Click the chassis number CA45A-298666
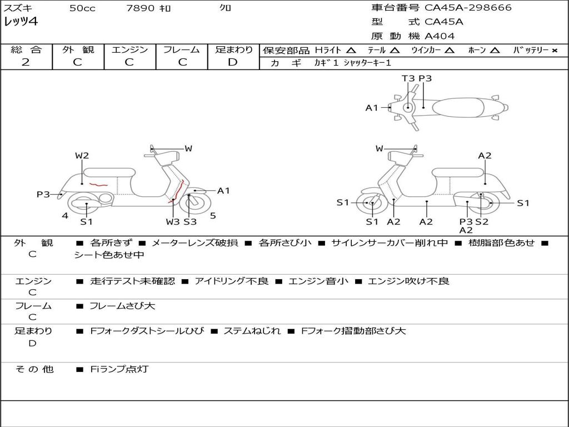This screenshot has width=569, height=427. pos(468,8)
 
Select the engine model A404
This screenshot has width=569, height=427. pos(440,36)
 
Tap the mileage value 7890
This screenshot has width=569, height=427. pos(140,8)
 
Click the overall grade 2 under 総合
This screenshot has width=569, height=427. pos(26,62)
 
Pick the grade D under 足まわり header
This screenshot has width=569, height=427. pos(233,62)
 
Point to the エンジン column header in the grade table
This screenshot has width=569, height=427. pos(129,49)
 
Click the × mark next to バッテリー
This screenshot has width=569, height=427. pos(555,51)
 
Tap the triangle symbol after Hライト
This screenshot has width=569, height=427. pos(351,50)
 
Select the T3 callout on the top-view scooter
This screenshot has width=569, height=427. pos(408,78)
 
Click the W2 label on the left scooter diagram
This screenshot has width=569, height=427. pos(82,156)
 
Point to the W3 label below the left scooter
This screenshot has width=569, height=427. pos(173,222)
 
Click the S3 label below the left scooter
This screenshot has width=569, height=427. pos(190,222)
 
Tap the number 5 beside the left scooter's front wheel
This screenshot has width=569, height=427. pos(213,216)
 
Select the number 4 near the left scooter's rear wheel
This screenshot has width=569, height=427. pos(65,216)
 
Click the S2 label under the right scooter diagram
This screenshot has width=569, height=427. pos(482,222)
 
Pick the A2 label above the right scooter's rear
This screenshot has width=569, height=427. pos(485,156)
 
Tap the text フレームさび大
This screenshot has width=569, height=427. pos(122,306)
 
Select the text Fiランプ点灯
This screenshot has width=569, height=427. pos(119,369)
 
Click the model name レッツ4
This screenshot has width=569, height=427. pos(21,22)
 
